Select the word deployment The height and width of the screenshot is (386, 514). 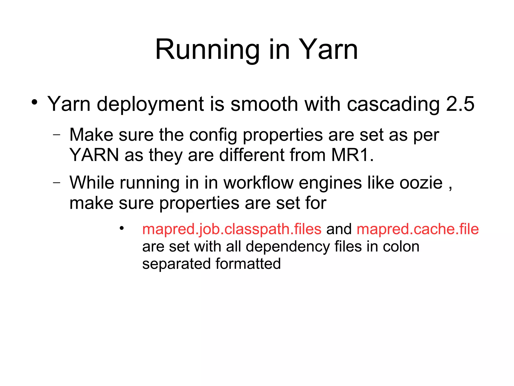coord(150,104)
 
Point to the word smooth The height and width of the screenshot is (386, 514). coord(264,104)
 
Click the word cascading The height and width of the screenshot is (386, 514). coord(393,104)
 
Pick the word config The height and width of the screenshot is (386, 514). coord(213,135)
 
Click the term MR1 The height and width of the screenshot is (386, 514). coord(352,155)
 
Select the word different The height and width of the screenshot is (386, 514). coord(251,155)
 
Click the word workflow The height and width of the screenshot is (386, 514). coord(258,183)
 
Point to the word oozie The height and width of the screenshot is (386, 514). coord(421,183)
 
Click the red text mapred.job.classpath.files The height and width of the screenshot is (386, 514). coord(232,229)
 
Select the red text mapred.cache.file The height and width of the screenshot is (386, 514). coord(417,229)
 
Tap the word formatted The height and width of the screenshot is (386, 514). coord(248,264)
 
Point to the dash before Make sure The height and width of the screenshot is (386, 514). coord(57,135)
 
